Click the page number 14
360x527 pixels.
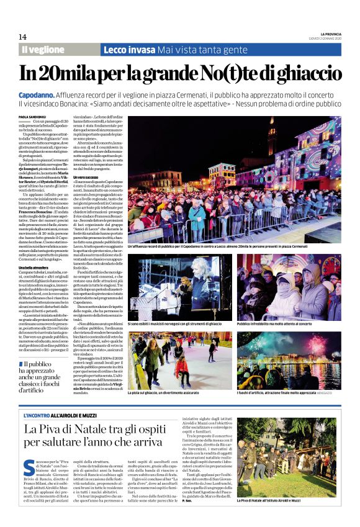pos(22,37)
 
